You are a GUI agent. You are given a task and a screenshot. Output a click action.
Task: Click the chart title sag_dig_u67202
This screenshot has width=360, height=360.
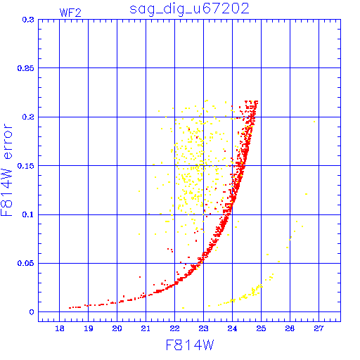coord(189,9)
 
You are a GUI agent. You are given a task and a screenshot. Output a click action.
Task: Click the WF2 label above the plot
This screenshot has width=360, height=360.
coord(70,13)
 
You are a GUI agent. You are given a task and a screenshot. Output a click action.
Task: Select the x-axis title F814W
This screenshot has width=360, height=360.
coord(190,345)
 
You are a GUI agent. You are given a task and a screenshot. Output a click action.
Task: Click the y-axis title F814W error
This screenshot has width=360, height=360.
coord(6,170)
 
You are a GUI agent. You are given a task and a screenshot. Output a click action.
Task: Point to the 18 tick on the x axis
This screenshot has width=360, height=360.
coord(60,328)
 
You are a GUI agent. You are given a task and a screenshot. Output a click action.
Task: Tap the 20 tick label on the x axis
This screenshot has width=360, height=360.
coord(117,328)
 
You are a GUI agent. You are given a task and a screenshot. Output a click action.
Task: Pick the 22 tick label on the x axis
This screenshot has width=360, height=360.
coord(174,328)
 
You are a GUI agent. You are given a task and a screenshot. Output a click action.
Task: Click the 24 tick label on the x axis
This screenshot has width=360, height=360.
coord(232,328)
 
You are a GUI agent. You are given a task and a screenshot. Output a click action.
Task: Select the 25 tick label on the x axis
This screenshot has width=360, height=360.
coord(261,328)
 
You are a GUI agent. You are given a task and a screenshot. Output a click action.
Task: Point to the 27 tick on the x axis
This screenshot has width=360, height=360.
coord(319,328)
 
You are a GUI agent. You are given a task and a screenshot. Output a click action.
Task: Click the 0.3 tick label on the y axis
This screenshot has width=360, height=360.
coord(28,20)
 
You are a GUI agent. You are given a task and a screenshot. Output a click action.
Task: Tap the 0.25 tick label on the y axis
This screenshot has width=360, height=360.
coord(25,68)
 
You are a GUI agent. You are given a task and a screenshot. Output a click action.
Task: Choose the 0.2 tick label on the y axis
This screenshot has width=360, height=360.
coord(28,117)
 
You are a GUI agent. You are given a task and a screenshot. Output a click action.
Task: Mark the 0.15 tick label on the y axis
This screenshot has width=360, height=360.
coord(25,166)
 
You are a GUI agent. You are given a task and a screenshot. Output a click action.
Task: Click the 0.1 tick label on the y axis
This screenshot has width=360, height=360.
coord(28,214)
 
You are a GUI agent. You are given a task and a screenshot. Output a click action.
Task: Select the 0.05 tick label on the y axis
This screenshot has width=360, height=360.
coord(25,263)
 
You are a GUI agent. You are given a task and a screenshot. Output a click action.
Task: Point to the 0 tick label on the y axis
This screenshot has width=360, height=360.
coord(32,312)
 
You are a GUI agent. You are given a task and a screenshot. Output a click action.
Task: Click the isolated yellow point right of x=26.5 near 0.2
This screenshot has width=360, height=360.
coord(314,122)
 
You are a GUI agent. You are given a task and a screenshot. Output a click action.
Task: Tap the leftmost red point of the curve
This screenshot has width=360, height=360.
coord(70,308)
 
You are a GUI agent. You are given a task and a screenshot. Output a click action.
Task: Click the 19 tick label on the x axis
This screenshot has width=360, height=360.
coord(89,328)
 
